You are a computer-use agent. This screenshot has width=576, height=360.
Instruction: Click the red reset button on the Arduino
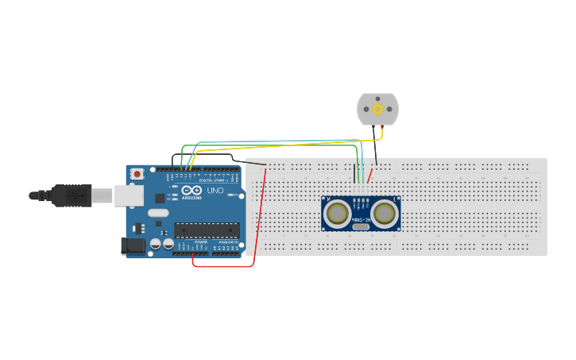coord(137,173)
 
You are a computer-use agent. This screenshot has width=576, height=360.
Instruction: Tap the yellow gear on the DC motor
coord(377,109)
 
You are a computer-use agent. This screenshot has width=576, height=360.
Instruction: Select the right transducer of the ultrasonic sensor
coord(385,213)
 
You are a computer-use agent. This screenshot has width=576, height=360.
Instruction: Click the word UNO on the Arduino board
coord(215,192)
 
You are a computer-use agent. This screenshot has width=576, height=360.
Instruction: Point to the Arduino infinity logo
coord(191,191)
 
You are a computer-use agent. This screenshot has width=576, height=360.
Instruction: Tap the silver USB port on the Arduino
coord(127,195)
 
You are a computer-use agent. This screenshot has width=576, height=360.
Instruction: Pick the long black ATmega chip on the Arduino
coord(207,230)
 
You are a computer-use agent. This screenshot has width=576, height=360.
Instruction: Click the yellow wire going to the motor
coord(302,145)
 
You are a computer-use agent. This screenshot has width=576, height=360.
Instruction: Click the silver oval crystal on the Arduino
coord(158,212)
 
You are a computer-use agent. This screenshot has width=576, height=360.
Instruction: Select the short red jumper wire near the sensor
coord(370,176)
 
